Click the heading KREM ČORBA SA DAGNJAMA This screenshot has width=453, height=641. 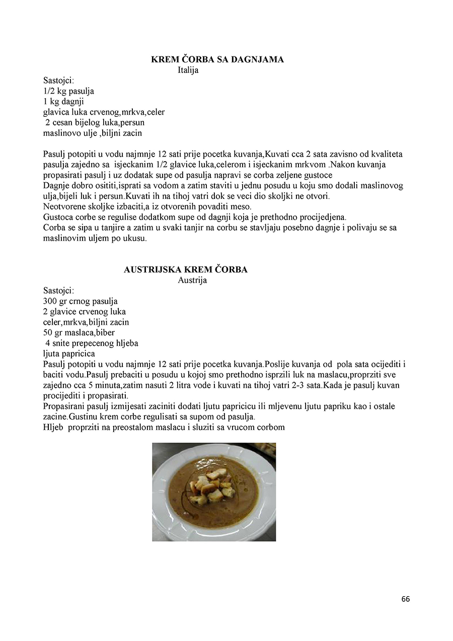pyautogui.click(x=217, y=59)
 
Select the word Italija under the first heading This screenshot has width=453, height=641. pyautogui.click(x=188, y=70)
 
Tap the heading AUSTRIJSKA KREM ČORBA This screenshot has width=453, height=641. pyautogui.click(x=186, y=269)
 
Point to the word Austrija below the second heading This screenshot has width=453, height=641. pyautogui.click(x=192, y=280)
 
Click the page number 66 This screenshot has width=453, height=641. pyautogui.click(x=406, y=599)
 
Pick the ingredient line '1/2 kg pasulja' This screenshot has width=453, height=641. pyautogui.click(x=68, y=91)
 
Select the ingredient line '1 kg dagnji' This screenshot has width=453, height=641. pyautogui.click(x=63, y=102)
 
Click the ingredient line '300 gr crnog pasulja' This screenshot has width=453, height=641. pyautogui.click(x=81, y=301)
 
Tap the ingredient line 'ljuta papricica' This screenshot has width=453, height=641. pyautogui.click(x=69, y=353)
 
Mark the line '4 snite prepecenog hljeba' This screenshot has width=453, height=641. pyautogui.click(x=92, y=343)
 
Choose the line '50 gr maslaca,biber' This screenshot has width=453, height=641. pyautogui.click(x=79, y=332)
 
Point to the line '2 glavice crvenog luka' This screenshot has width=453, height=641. pyautogui.click(x=85, y=312)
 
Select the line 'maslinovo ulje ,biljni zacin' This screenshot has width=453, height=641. pyautogui.click(x=93, y=133)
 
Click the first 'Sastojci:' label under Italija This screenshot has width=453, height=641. pyautogui.click(x=59, y=81)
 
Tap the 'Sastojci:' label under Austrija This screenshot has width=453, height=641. pyautogui.click(x=59, y=291)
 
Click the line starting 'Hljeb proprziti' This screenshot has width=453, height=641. pyautogui.click(x=164, y=427)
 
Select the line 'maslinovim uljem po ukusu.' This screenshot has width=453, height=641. pyautogui.click(x=95, y=238)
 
